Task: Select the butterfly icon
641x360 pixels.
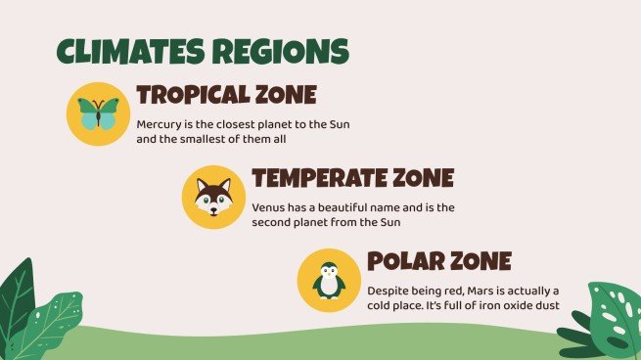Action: (x=98, y=113)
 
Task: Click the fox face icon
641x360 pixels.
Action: (x=213, y=197)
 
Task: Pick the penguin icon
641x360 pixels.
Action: (x=329, y=281)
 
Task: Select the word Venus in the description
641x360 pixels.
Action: (x=268, y=207)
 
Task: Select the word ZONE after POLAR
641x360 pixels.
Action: (x=481, y=261)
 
